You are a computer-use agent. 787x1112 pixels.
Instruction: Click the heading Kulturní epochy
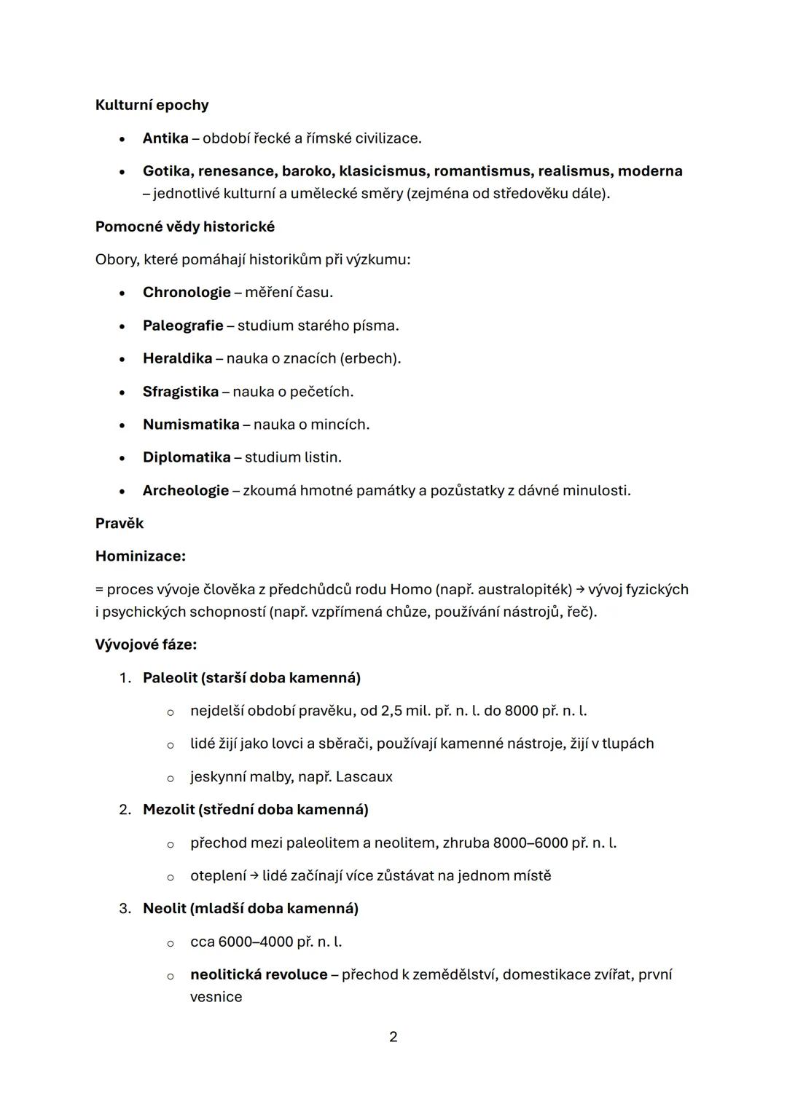coord(152,105)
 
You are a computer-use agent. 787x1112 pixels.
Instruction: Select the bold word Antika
coord(165,138)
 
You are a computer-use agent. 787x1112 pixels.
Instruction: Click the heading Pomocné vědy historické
coord(185,226)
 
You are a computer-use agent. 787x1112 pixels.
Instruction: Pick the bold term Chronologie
coord(187,292)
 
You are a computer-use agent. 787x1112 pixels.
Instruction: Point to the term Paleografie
coord(183,326)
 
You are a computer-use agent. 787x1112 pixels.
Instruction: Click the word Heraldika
coord(177,358)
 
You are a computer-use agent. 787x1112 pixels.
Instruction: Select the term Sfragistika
coord(180,392)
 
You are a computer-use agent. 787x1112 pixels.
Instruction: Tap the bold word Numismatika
coord(191,425)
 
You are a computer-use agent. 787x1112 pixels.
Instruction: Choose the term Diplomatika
coord(187,457)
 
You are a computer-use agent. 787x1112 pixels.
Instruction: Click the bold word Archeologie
coord(186,490)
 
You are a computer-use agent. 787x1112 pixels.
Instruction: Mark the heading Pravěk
coord(120,523)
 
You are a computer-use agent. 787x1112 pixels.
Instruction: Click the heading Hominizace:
coord(141,556)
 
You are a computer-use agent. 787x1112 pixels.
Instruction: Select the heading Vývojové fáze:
coord(146,644)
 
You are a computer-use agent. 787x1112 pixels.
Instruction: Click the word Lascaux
coord(364,777)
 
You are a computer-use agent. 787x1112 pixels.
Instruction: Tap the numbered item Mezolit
coord(168,810)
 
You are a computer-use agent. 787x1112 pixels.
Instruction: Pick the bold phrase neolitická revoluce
coord(259,974)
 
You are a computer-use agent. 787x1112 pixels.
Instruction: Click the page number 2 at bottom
coord(393,1037)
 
